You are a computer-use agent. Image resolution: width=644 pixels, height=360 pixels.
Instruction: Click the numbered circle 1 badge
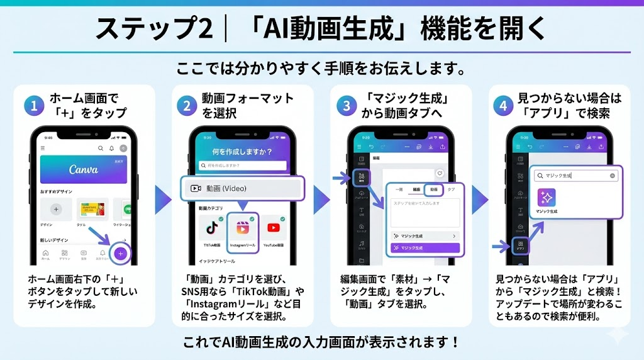point(33,105)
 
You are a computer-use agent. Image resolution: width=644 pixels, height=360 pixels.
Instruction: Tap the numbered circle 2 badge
point(186,105)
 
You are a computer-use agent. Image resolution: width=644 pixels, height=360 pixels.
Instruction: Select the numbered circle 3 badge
point(345,105)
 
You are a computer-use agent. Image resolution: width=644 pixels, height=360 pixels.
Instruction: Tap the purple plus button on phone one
point(121,254)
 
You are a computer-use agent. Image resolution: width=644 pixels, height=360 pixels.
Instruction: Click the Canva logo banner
point(84,170)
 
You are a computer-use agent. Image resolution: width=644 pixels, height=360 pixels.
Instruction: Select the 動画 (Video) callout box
point(242,188)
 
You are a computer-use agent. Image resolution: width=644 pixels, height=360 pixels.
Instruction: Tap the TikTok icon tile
point(211,228)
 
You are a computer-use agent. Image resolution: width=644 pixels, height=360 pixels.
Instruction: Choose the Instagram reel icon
point(242,228)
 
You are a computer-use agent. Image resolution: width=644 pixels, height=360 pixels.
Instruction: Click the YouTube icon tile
point(274,228)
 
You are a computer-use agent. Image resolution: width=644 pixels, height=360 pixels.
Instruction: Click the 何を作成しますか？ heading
point(242,152)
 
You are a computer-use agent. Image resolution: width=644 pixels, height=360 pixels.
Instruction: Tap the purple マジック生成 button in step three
point(425,248)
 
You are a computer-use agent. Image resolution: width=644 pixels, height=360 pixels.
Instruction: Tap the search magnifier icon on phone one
point(101,148)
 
